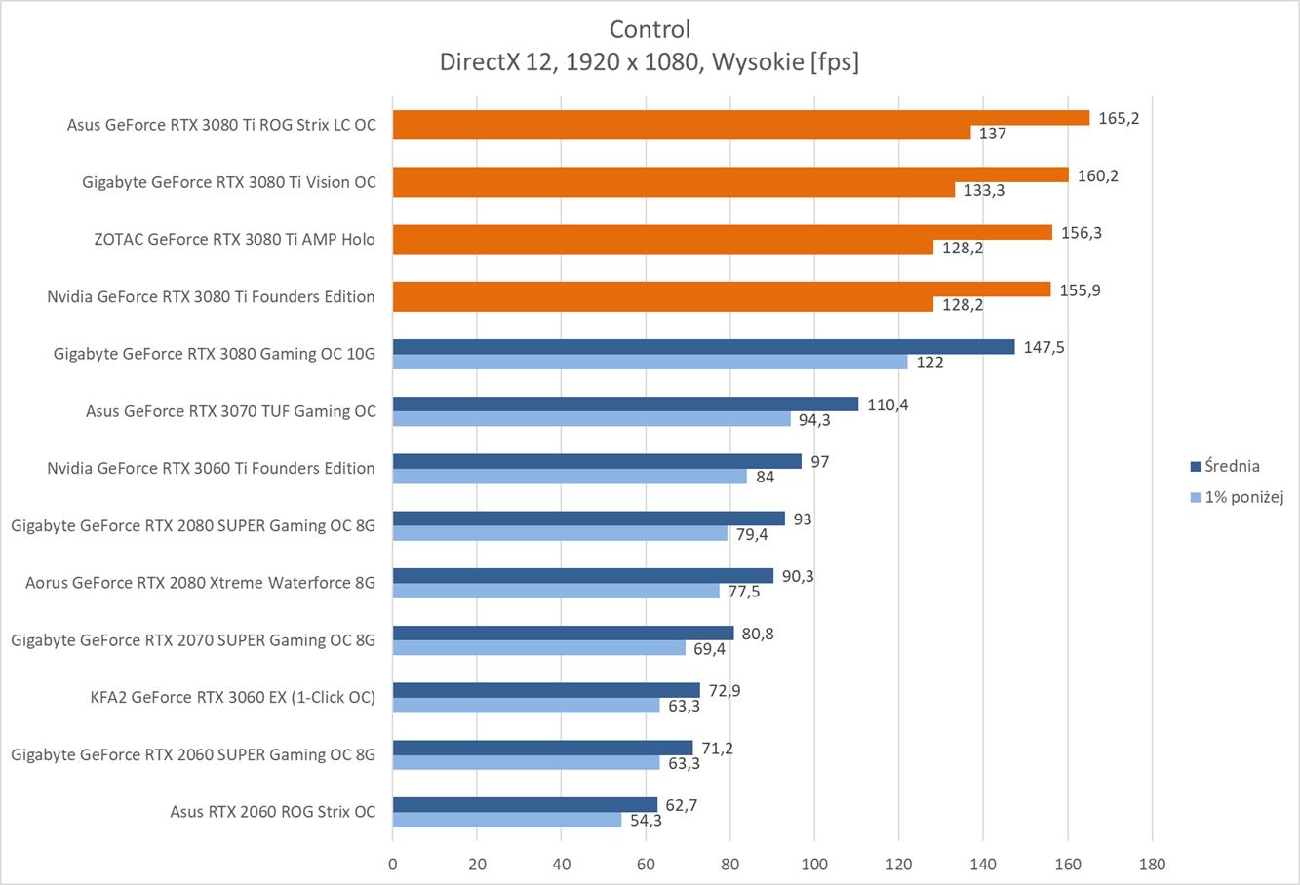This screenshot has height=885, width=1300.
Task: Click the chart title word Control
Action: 650,28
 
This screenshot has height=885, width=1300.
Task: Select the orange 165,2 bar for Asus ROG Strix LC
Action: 740,117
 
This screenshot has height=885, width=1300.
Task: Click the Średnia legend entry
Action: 1231,466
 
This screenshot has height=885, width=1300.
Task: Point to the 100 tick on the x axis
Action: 814,864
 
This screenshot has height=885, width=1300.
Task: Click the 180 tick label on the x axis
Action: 1152,864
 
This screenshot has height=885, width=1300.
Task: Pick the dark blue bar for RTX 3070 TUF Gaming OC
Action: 625,404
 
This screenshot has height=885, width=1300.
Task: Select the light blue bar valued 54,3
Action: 507,821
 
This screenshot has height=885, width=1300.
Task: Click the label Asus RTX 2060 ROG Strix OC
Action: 272,811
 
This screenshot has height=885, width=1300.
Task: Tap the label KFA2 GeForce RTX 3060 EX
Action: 232,697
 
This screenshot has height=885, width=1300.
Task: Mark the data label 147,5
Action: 1044,347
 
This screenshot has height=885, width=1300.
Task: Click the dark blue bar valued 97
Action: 597,461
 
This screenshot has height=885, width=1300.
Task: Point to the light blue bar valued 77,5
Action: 556,592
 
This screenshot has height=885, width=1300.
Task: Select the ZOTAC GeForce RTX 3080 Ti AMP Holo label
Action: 234,239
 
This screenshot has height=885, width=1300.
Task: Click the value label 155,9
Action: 1081,289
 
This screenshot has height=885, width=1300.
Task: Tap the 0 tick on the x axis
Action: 393,864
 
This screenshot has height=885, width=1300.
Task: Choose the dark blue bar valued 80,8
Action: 563,633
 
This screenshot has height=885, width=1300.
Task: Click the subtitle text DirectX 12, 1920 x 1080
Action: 571,61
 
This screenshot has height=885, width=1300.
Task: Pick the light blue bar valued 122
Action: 650,363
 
